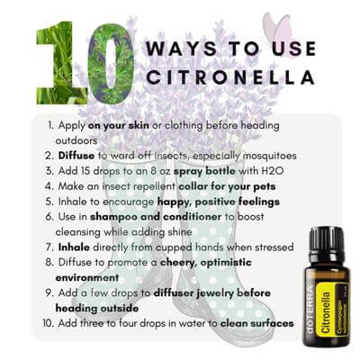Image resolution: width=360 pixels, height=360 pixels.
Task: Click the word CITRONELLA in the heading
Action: [230, 76]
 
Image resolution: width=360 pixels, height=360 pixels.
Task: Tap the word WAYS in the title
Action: [181, 49]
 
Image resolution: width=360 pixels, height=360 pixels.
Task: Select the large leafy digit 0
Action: [111, 64]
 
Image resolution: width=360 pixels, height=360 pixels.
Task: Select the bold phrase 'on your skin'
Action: [119, 125]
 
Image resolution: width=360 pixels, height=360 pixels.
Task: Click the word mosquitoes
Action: [269, 156]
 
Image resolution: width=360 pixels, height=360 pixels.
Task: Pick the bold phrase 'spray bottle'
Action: [204, 171]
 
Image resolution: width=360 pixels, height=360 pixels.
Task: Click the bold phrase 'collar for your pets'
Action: [227, 186]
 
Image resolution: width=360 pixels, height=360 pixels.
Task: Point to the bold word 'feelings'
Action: [259, 202]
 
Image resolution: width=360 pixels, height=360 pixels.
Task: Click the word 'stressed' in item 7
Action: [274, 247]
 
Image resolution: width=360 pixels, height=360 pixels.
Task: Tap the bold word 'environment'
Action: [87, 277]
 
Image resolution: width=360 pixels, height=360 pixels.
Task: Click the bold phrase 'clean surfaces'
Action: [257, 323]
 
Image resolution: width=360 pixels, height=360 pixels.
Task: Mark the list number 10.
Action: [49, 323]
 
